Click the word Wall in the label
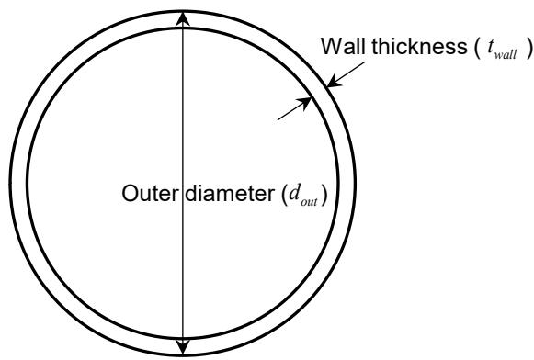point(343,46)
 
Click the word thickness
point(418,46)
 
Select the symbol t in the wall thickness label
point(491,48)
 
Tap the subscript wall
point(506,55)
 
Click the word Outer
point(150,194)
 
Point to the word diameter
point(230,194)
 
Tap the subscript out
point(309,202)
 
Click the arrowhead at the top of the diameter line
point(183,18)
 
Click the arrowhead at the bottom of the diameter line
point(183,345)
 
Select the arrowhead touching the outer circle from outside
point(334,81)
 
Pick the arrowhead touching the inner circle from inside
point(304,103)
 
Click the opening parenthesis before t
point(476,48)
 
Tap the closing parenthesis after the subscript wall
point(528,48)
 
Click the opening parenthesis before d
point(284,195)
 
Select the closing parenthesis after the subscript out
point(324,195)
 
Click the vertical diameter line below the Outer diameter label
point(183,272)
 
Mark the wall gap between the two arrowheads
point(319,92)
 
